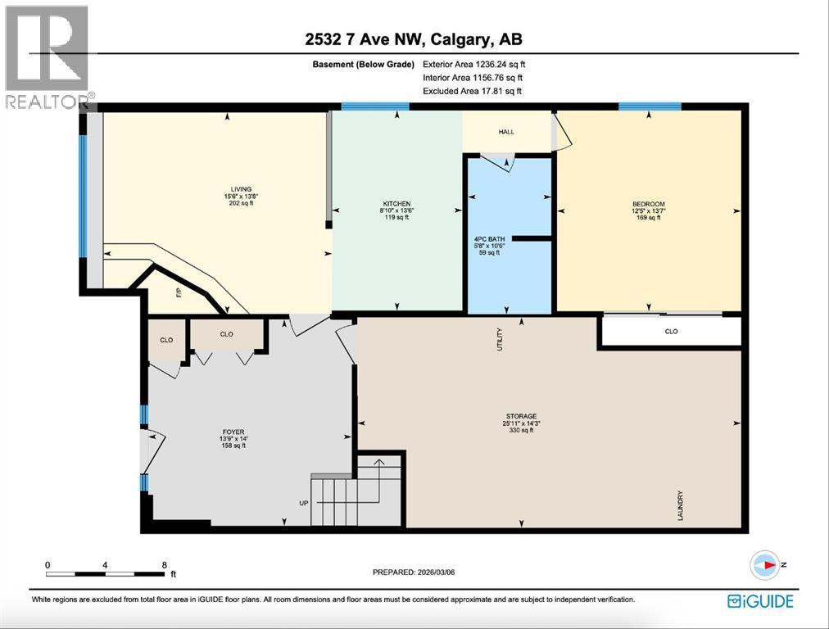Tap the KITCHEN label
tap(396, 204)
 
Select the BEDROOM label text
tap(648, 204)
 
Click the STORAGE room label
tap(521, 416)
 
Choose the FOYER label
tap(233, 432)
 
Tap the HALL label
tap(506, 131)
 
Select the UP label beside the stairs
tap(303, 502)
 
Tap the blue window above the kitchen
tap(375, 106)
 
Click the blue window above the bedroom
tap(650, 106)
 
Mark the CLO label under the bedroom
tap(671, 332)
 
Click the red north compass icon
tap(765, 564)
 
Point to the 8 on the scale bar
tap(165, 565)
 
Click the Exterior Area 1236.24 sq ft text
tap(472, 63)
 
